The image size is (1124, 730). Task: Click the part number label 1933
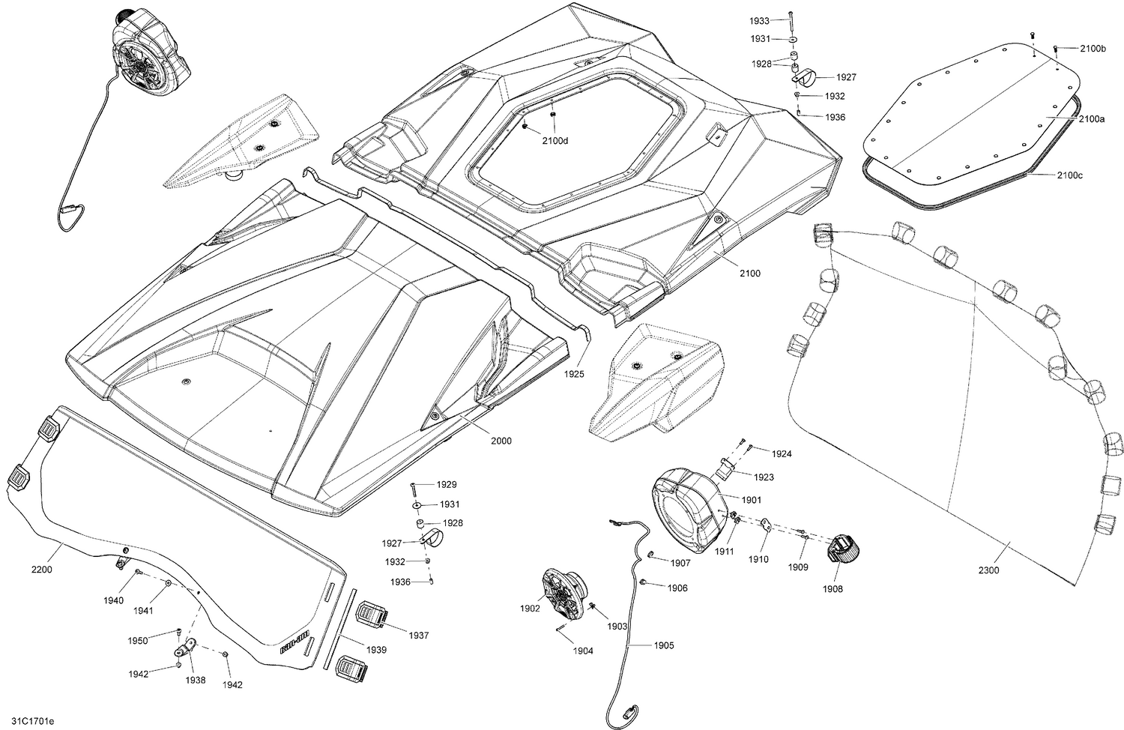tap(760, 21)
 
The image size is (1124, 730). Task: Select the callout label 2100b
tap(1093, 49)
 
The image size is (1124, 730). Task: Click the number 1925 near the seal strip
tap(575, 373)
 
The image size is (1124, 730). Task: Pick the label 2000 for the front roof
tap(501, 441)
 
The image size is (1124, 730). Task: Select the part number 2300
tap(988, 570)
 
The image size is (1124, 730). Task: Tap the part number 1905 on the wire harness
tap(663, 645)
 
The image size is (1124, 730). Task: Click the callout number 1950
tap(137, 640)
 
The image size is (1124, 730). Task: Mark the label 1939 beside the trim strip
tap(377, 650)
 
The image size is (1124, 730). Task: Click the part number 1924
tap(782, 453)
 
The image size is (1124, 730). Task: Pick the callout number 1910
tap(758, 559)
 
